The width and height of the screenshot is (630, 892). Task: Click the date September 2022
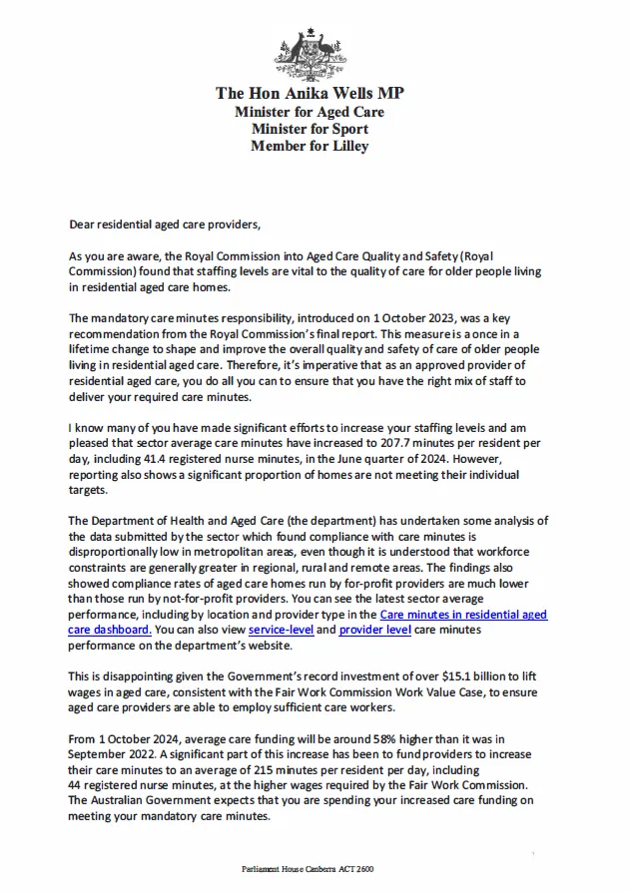[112, 756]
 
